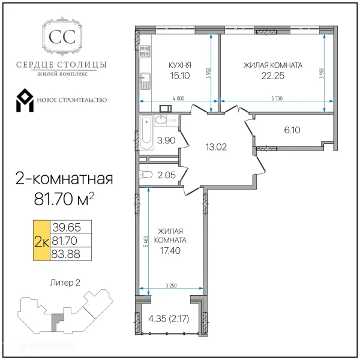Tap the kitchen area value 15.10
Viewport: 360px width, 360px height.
180,76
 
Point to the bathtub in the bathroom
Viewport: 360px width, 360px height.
148,133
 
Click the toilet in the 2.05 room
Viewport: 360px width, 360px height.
146,175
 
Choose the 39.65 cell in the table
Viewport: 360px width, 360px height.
71,227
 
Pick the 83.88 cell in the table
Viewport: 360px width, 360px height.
71,253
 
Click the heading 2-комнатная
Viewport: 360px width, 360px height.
63,179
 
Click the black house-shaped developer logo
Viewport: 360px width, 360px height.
28,100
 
